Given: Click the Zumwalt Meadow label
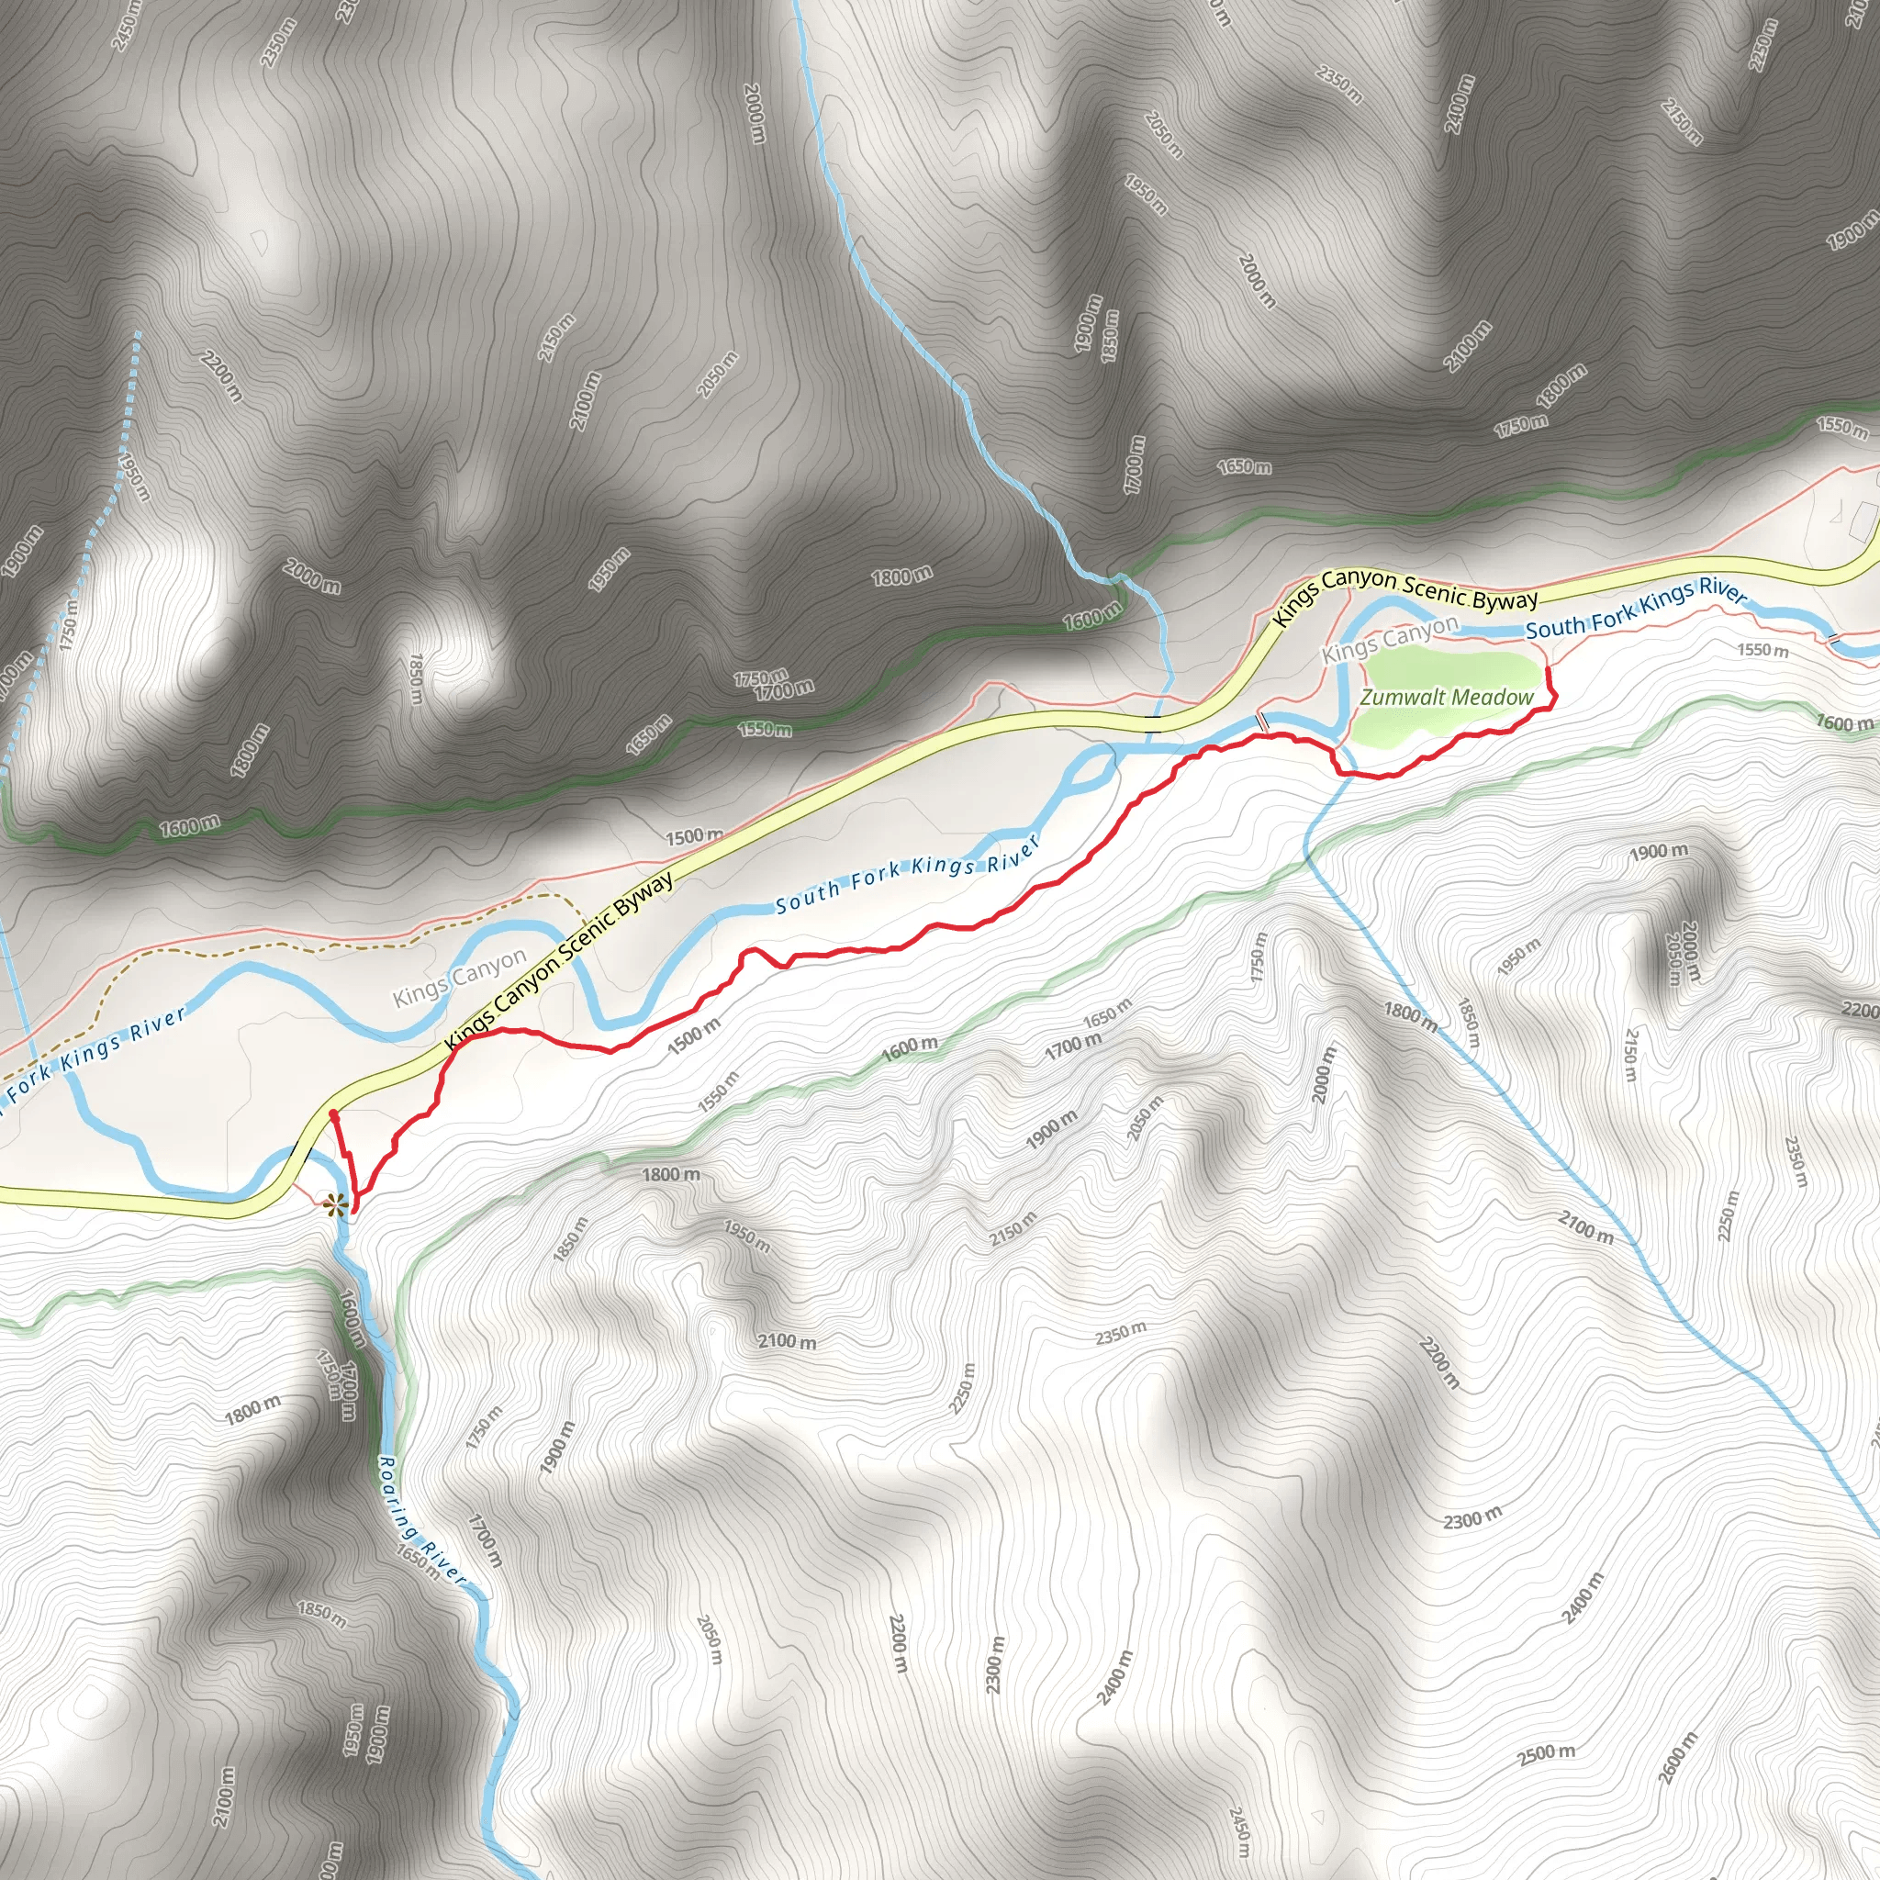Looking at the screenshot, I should pyautogui.click(x=1446, y=698).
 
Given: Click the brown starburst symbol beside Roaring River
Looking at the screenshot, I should pyautogui.click(x=334, y=1205).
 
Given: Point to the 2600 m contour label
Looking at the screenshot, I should pyautogui.click(x=1679, y=1757).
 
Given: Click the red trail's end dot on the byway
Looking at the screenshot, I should pyautogui.click(x=333, y=1113).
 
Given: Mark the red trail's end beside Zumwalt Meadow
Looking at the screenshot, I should pyautogui.click(x=1547, y=669).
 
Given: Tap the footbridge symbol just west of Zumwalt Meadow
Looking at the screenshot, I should pyautogui.click(x=1263, y=721).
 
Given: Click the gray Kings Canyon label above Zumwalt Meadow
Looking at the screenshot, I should pyautogui.click(x=1390, y=638).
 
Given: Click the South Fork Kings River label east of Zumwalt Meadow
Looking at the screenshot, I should pyautogui.click(x=1636, y=610).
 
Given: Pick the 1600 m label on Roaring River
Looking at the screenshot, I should pyautogui.click(x=352, y=1319).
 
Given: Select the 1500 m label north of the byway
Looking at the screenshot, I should pyautogui.click(x=694, y=836).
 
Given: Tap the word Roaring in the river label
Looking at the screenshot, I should pyautogui.click(x=398, y=1494).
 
